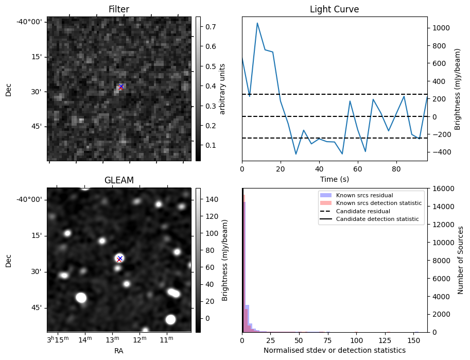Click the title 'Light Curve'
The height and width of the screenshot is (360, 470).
334,9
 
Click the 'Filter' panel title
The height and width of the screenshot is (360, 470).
119,9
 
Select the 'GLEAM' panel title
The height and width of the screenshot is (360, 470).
119,180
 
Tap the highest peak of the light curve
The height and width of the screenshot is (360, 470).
257,23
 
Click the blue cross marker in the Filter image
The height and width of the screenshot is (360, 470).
121,86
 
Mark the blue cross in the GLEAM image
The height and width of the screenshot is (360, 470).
120,258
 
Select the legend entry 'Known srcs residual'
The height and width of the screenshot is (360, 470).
364,196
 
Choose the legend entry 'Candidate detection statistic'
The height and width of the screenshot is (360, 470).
378,219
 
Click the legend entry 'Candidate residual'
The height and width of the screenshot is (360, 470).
364,212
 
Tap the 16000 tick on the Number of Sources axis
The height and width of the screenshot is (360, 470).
441,188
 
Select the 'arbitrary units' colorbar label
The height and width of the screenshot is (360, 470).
222,89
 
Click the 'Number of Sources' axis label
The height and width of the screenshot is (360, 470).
461,260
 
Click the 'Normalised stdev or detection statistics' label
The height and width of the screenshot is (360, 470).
334,350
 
